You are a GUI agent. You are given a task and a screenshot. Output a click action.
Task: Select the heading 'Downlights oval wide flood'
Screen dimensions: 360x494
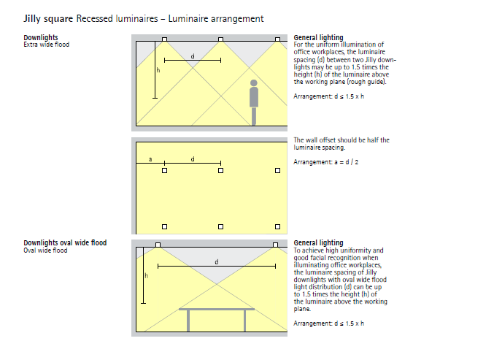[65, 242]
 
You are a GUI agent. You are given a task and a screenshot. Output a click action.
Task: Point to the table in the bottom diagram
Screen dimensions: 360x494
[217, 314]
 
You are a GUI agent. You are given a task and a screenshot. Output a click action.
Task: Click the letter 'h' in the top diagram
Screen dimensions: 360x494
[158, 69]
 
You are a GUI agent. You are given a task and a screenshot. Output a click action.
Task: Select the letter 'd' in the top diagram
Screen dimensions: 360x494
[193, 55]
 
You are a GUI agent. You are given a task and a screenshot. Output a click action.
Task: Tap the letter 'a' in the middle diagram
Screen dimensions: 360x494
[150, 158]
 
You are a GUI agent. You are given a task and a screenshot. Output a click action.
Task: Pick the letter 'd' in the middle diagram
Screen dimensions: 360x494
[193, 158]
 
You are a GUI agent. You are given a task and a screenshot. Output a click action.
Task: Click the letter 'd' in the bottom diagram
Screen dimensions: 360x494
[217, 261]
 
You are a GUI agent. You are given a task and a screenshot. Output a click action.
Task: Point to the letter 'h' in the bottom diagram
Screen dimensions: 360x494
[146, 275]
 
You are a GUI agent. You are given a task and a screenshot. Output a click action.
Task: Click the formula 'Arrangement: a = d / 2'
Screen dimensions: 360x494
[325, 162]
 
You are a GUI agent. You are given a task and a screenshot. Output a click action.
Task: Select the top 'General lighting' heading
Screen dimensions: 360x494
[318, 37]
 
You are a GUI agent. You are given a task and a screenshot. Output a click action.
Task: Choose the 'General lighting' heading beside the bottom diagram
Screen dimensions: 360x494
[318, 242]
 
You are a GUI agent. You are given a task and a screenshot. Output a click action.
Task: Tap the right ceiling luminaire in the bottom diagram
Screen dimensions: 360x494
[275, 244]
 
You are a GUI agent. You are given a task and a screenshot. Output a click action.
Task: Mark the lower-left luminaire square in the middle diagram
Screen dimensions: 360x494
[165, 226]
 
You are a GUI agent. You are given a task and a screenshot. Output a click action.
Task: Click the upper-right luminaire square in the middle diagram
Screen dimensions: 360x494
[277, 171]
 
